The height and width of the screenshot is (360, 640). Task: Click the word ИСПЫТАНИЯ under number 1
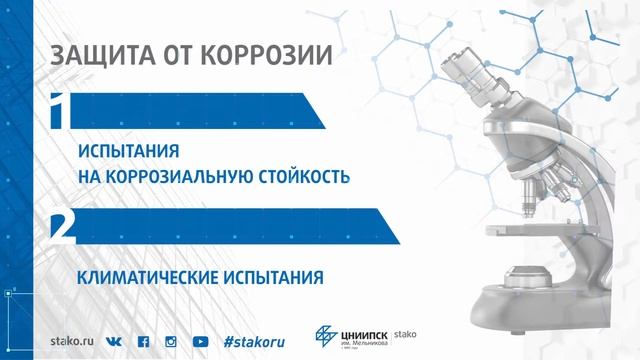click(129, 153)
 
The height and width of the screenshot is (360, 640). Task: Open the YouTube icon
click(200, 340)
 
